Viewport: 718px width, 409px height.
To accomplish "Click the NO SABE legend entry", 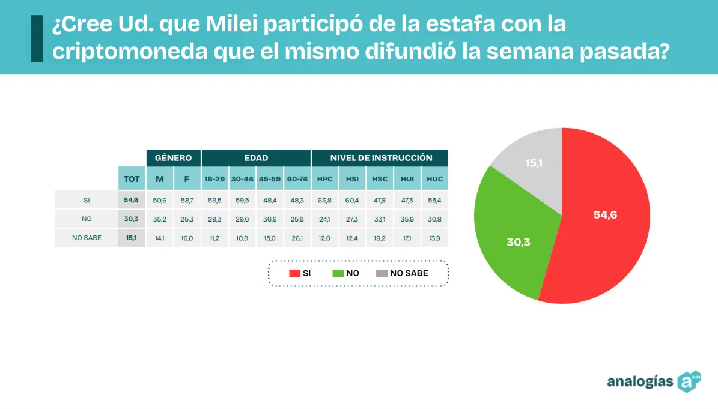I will coord(402,273).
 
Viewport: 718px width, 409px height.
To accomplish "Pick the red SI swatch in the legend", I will coord(294,273).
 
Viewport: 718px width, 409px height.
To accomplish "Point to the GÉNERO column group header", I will coord(173,158).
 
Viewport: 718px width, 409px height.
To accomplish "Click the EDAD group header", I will coord(256,158).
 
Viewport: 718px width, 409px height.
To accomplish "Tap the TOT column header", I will coord(132,179).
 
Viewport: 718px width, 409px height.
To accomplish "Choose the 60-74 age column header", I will coord(297,179).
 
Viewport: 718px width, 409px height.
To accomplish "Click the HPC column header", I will coord(324,179).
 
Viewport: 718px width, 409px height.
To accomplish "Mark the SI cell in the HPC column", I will coord(324,200).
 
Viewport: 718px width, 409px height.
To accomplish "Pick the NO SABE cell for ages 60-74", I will coord(297,238).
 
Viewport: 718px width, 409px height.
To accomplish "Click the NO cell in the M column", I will coord(159,219).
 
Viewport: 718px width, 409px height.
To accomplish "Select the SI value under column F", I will coord(187,200).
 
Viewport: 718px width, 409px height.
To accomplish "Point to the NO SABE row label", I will coord(87,238).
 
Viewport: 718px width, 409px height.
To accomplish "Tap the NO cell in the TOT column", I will coord(132,219).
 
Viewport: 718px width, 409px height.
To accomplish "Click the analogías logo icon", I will coord(689,381).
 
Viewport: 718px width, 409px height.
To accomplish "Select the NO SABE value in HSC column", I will coord(380,238).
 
